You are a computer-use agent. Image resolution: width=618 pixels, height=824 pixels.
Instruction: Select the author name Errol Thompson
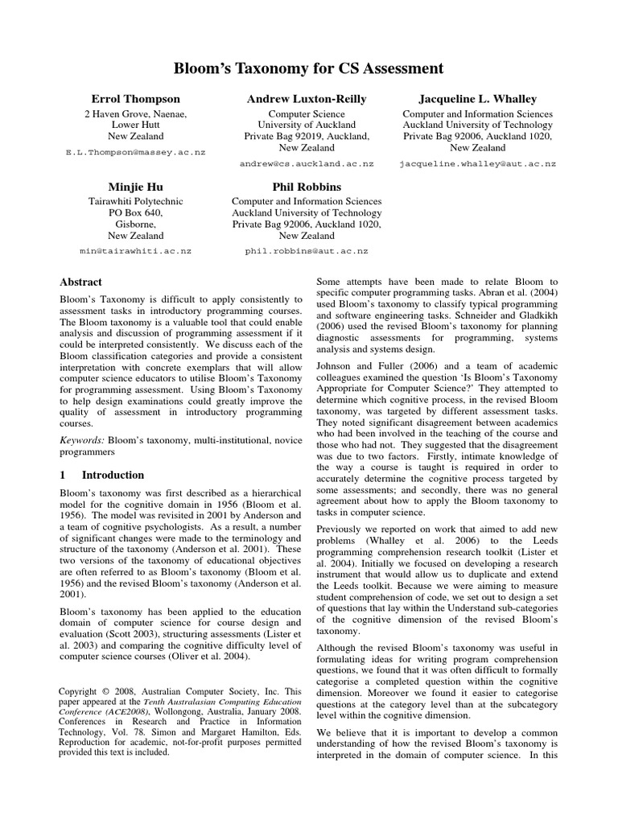[x=135, y=98]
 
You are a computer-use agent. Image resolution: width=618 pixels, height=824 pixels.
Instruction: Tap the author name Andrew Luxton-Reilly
[x=307, y=98]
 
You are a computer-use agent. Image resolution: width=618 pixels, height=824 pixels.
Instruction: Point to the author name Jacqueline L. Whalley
[x=478, y=98]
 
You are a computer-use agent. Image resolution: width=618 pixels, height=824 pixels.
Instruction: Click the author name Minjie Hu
[x=135, y=187]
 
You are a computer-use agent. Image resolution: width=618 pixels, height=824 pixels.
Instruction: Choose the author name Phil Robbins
[x=307, y=187]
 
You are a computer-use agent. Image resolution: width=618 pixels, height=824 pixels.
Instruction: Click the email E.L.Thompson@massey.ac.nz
[x=135, y=151]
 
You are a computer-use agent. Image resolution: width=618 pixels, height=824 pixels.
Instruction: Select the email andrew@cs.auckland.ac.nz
[x=307, y=163]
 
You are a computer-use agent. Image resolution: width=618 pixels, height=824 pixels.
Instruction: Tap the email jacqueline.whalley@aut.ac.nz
[x=478, y=163]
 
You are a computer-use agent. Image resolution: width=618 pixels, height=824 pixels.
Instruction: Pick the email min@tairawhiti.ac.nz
[x=135, y=250]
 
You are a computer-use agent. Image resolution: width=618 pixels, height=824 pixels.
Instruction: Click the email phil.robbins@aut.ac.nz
[x=307, y=250]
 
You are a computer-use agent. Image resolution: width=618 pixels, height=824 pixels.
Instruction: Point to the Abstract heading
[x=81, y=282]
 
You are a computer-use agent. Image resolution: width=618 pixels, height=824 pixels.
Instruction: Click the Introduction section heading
[x=113, y=475]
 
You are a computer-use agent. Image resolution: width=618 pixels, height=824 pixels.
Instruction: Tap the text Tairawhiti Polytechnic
[x=135, y=201]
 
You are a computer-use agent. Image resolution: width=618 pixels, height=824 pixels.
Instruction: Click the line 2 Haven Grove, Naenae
[x=135, y=114]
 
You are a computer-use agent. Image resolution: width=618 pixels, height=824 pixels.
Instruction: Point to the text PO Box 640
[x=135, y=212]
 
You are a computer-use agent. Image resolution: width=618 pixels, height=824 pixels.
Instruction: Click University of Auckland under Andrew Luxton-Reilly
[x=307, y=126]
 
